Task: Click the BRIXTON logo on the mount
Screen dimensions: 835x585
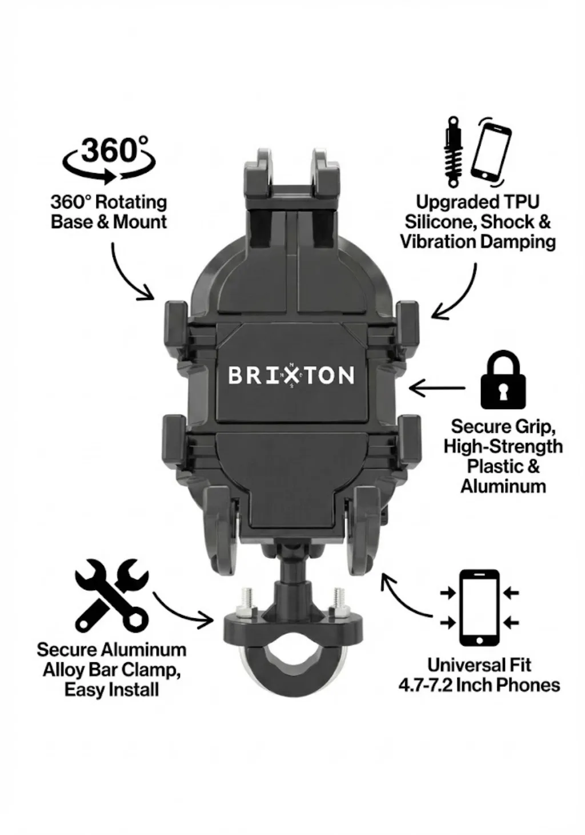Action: [291, 375]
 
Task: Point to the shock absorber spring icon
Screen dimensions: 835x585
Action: [453, 154]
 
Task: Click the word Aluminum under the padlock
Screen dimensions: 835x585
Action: [503, 486]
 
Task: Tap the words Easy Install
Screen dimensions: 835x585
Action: [111, 689]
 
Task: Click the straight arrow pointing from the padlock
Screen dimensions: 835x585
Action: [436, 388]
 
